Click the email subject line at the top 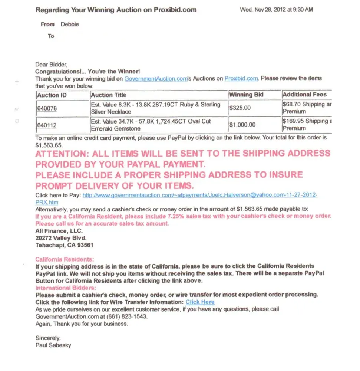tap(116, 10)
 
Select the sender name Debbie tap(70, 24)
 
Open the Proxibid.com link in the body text tap(241, 79)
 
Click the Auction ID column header tap(52, 95)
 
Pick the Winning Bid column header tap(246, 95)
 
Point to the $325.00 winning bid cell tap(240, 108)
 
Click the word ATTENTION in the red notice tap(61, 154)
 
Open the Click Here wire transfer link tap(200, 302)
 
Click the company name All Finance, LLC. tap(56, 231)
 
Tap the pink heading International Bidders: tap(66, 288)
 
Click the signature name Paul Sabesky tap(53, 345)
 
